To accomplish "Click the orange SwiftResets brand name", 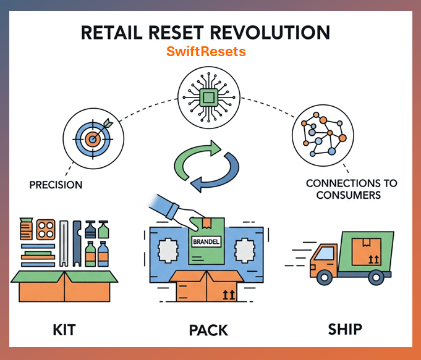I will point(206,52).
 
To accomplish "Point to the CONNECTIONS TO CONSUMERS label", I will point(351,190).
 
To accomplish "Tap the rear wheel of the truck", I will point(375,278).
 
